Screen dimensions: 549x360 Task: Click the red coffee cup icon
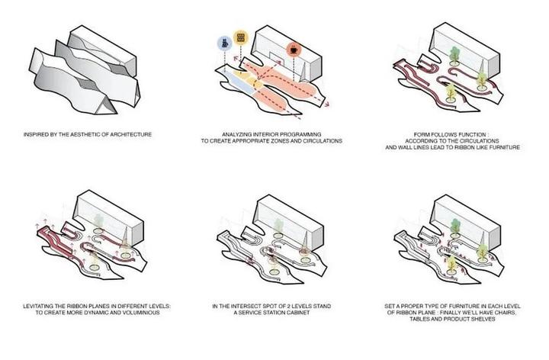[294, 50]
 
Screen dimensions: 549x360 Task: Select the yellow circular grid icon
[240, 37]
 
